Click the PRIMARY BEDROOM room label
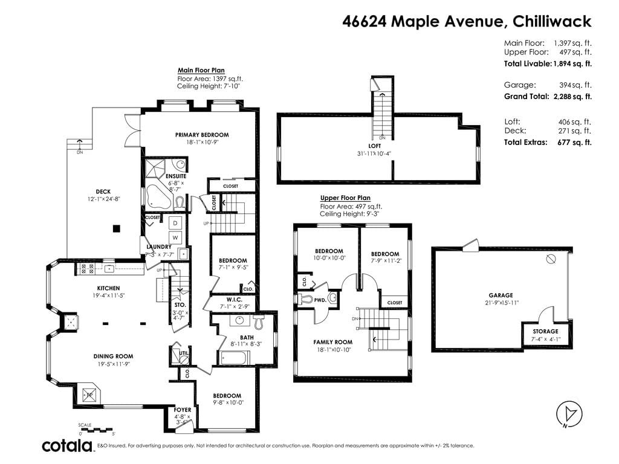[x=202, y=135]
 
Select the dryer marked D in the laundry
[x=175, y=224]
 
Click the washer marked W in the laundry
[x=175, y=237]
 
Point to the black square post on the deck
[x=116, y=228]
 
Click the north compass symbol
[x=569, y=414]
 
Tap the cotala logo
[x=67, y=445]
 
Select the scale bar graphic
[x=96, y=430]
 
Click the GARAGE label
[x=501, y=295]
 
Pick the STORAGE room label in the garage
[x=546, y=332]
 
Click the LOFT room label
[x=374, y=146]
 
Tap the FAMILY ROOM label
[x=333, y=342]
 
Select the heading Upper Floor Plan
[x=345, y=198]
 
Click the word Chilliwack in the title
[x=552, y=21]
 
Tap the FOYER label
[x=183, y=410]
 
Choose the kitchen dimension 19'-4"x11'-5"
[x=109, y=295]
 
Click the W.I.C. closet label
[x=234, y=300]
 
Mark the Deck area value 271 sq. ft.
[x=575, y=131]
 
